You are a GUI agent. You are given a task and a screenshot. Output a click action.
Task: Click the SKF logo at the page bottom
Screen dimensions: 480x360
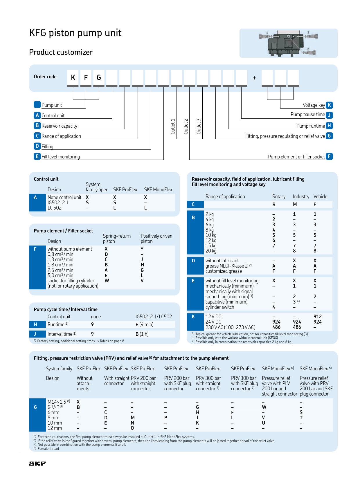37,463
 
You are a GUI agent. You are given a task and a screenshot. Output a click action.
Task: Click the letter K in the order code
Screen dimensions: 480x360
73,78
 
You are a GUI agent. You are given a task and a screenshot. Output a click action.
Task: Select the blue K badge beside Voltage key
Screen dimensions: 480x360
329,105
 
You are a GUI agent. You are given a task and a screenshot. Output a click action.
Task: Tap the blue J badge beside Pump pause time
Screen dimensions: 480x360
329,115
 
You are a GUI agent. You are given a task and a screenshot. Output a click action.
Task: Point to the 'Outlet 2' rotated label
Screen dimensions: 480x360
186,126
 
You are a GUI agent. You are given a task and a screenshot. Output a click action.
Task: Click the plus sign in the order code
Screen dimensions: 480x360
254,78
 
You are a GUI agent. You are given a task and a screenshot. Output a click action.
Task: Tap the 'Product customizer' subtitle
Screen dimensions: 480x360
61,52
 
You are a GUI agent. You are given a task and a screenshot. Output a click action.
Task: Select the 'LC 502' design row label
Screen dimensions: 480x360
55,208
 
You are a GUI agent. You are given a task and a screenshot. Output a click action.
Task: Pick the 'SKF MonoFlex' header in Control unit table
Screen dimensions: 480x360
158,190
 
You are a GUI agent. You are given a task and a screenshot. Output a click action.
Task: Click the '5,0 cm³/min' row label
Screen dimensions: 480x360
60,275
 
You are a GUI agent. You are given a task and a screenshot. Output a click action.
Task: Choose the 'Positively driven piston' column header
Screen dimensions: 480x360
156,239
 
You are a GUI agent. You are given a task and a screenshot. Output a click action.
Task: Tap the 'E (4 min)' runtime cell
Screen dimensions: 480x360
144,324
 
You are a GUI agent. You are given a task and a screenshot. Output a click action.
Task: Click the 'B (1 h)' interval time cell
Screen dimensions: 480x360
142,334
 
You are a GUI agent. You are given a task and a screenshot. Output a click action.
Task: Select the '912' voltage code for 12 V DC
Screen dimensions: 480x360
317,317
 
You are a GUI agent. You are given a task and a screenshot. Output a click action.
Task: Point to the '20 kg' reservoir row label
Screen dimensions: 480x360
211,251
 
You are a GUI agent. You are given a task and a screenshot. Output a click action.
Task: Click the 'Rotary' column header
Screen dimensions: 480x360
279,196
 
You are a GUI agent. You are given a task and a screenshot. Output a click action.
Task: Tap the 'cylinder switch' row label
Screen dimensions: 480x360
219,307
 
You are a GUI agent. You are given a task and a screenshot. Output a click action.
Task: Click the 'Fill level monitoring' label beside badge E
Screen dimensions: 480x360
60,157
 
